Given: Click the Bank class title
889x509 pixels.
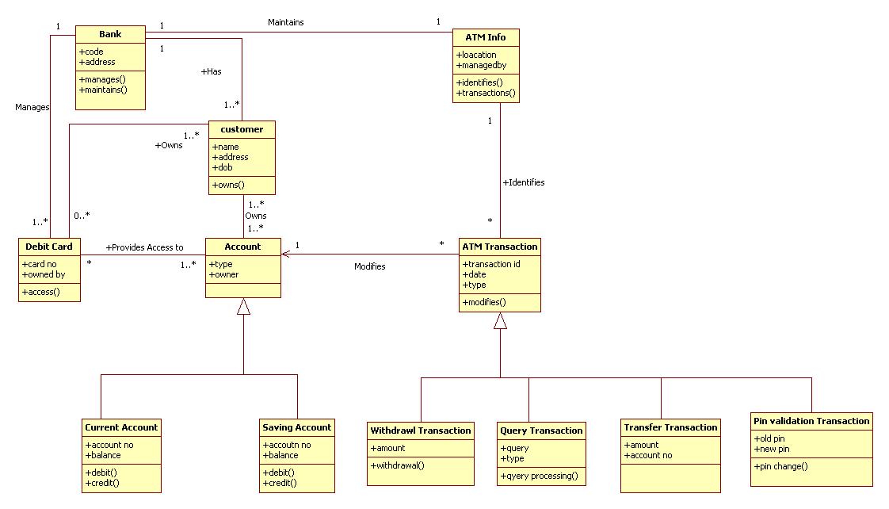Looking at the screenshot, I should pos(110,34).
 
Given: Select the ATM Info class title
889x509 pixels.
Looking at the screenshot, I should pos(486,37).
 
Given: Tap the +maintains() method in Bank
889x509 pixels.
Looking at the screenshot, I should pos(102,90).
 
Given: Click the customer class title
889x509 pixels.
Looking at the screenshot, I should pos(242,129).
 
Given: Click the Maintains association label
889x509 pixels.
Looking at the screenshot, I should pos(285,22).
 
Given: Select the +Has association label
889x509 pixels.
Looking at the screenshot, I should pos(211,71).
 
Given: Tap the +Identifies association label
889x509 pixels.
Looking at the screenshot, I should pos(523,182).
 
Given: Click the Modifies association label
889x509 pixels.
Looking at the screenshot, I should pos(369,266).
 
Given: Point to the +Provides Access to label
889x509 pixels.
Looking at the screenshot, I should pos(144,247).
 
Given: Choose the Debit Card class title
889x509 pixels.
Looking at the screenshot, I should pos(49,247).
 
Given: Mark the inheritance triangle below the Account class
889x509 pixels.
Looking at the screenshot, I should pos(243,307).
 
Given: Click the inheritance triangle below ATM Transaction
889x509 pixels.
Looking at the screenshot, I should pos(500,321).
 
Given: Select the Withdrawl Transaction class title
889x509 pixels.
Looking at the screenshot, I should pos(421,431).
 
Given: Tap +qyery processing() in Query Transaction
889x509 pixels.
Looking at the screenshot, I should pos(539,476).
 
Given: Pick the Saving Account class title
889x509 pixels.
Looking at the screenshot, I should pos(296,427).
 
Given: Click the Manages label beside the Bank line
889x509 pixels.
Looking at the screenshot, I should pos(32,107).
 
